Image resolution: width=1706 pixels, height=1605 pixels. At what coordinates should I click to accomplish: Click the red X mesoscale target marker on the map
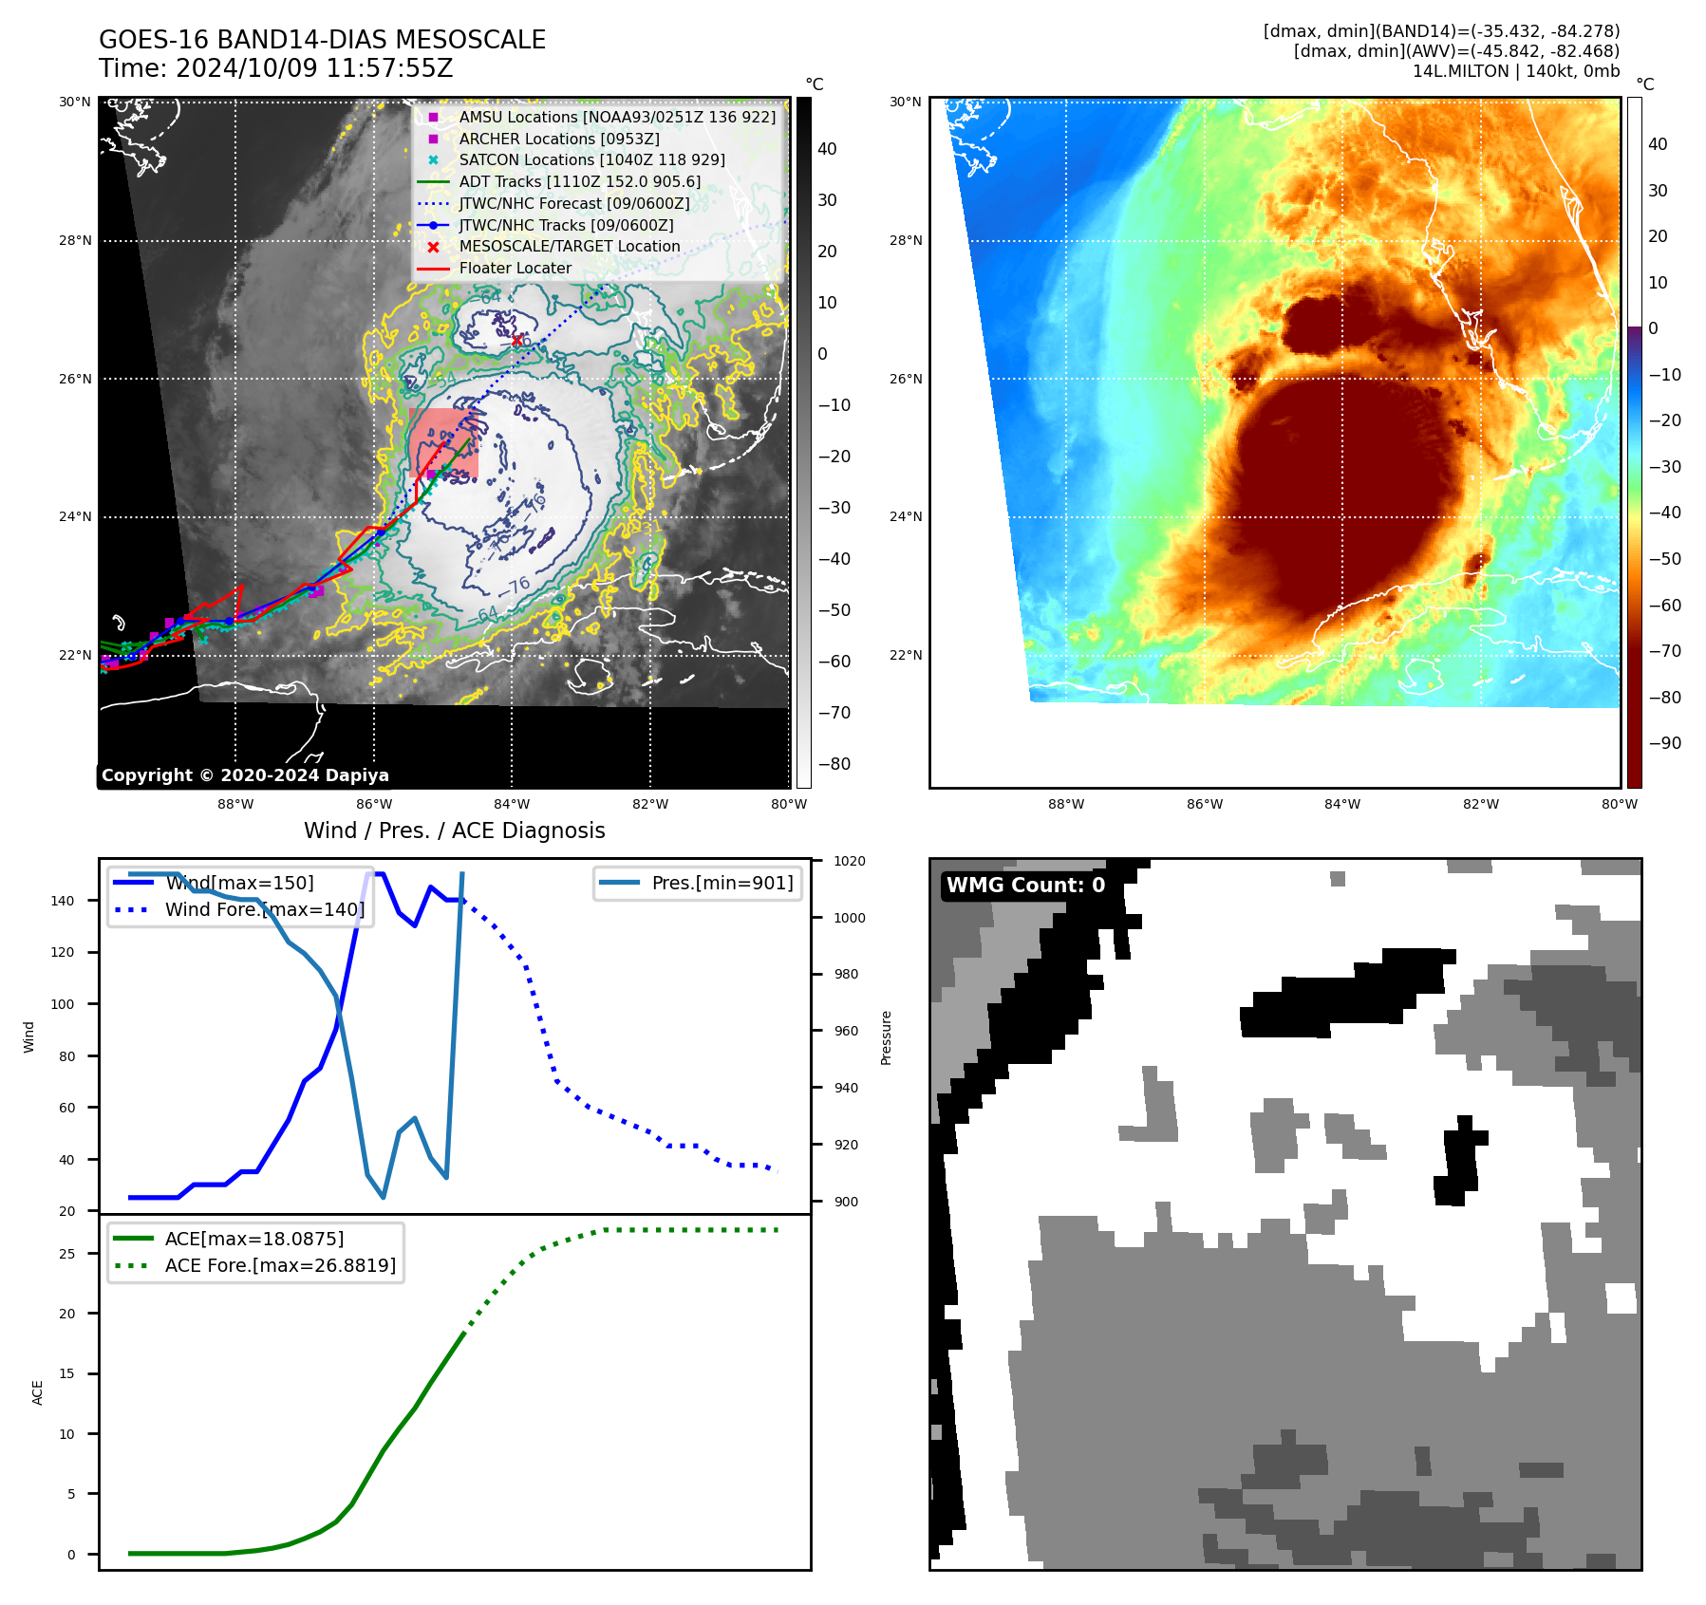pyautogui.click(x=517, y=341)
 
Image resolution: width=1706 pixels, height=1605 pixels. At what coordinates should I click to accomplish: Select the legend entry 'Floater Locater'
pyautogui.click(x=515, y=269)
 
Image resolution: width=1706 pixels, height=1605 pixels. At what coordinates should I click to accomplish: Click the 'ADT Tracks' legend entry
pyautogui.click(x=579, y=182)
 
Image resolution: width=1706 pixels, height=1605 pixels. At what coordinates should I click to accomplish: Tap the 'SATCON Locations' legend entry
pyautogui.click(x=591, y=160)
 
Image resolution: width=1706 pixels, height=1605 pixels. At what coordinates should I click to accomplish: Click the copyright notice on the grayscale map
pyautogui.click(x=245, y=775)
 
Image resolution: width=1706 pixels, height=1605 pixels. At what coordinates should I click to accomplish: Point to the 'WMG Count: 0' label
pyautogui.click(x=1025, y=886)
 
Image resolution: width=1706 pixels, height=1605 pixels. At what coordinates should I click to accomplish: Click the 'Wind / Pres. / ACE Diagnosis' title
pyautogui.click(x=454, y=830)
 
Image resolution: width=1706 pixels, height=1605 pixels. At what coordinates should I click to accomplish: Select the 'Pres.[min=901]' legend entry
pyautogui.click(x=722, y=884)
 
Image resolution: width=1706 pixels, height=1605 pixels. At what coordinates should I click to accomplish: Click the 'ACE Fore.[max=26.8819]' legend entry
pyautogui.click(x=280, y=1266)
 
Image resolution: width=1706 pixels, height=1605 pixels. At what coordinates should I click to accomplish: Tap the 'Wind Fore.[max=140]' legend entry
pyautogui.click(x=264, y=910)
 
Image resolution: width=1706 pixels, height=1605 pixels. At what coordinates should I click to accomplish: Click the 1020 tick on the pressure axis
pyautogui.click(x=850, y=862)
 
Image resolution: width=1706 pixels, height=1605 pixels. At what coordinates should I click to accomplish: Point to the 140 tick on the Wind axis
pyautogui.click(x=63, y=901)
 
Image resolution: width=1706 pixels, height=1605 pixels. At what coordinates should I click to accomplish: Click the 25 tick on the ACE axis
pyautogui.click(x=66, y=1254)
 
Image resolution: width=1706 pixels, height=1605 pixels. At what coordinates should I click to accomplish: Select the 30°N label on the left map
pyautogui.click(x=75, y=103)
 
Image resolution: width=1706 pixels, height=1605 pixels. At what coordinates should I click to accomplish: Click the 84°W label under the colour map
pyautogui.click(x=1341, y=805)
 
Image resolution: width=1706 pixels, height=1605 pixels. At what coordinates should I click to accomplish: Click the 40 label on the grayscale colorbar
pyautogui.click(x=827, y=149)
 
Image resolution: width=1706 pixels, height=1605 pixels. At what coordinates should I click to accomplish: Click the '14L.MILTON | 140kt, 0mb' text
pyautogui.click(x=1515, y=71)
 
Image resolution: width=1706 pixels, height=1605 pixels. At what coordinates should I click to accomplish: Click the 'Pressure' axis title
pyautogui.click(x=886, y=1037)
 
